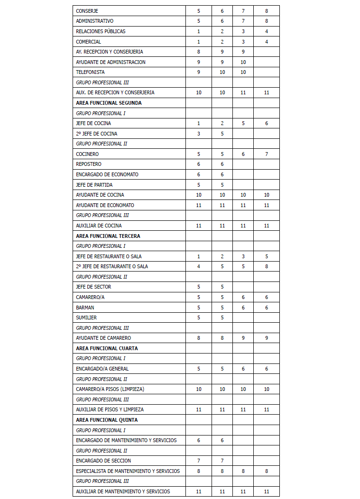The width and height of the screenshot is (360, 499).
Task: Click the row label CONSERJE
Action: click(87, 11)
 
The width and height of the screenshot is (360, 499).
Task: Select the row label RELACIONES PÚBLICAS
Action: click(101, 31)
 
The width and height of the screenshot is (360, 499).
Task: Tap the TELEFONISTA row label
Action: click(90, 72)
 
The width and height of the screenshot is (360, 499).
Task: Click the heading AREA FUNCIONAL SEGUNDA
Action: click(109, 103)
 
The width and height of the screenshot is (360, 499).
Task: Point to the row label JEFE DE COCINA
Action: click(93, 123)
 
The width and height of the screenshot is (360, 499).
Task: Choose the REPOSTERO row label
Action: click(89, 164)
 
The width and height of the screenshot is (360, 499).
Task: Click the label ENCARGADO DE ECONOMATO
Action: click(107, 174)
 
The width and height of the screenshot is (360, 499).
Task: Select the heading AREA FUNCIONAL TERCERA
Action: click(108, 236)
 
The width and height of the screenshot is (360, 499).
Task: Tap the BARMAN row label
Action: click(85, 308)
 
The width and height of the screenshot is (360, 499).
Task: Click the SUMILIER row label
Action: click(86, 318)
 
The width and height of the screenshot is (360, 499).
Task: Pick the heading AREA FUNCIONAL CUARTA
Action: click(107, 348)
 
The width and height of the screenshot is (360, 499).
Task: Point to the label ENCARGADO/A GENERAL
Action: click(102, 369)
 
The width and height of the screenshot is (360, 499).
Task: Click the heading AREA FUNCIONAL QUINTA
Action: click(107, 420)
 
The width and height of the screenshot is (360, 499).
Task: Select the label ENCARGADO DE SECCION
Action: click(103, 461)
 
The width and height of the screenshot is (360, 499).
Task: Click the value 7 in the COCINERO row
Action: click(267, 154)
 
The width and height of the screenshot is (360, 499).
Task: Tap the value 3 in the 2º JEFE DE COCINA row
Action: click(199, 134)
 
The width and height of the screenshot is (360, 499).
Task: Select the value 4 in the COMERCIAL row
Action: click(267, 42)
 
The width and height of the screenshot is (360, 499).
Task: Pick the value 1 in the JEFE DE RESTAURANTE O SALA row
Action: click(199, 256)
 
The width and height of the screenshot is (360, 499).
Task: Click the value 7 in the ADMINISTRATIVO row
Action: click(243, 21)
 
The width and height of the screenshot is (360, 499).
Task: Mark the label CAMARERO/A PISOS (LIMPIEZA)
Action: click(110, 389)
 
